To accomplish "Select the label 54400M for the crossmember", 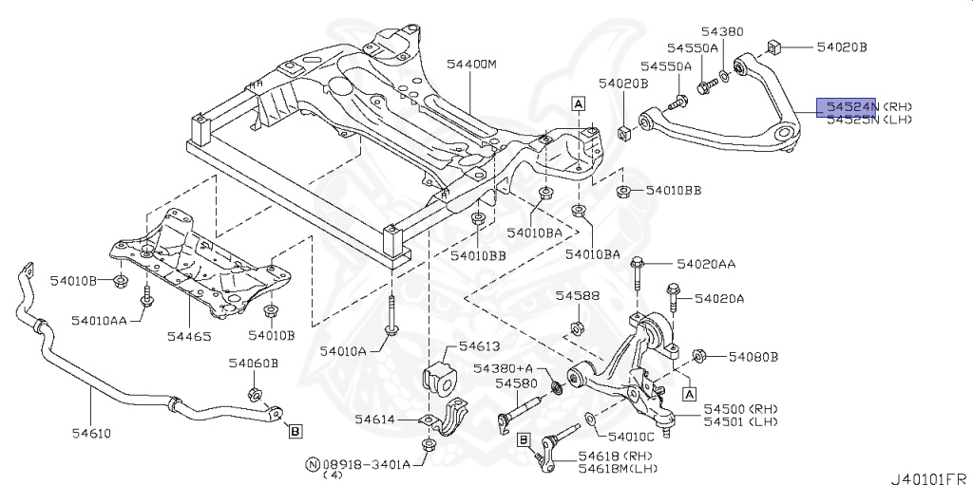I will tap(472, 65).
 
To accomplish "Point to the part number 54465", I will tap(190, 335).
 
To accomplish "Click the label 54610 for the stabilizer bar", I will tap(89, 434).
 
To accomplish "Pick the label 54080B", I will tap(754, 357).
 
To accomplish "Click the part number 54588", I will tap(578, 296).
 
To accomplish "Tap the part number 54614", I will tap(374, 419).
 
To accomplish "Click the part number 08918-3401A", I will tap(366, 464).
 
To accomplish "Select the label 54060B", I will tap(253, 363).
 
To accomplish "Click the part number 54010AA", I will tap(100, 319).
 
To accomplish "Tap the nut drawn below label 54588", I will tap(576, 329).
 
